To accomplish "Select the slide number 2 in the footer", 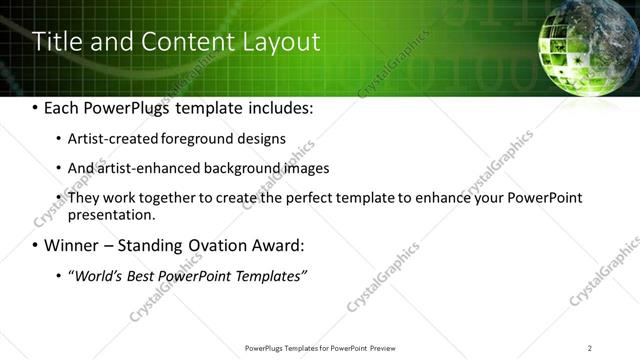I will (x=589, y=347).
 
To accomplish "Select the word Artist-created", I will (x=108, y=139).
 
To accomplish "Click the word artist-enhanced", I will (x=143, y=168).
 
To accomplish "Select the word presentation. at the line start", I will (x=111, y=214).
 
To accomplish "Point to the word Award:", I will (x=272, y=245).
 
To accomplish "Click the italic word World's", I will (x=94, y=275).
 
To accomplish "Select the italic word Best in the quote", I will (x=137, y=275).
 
